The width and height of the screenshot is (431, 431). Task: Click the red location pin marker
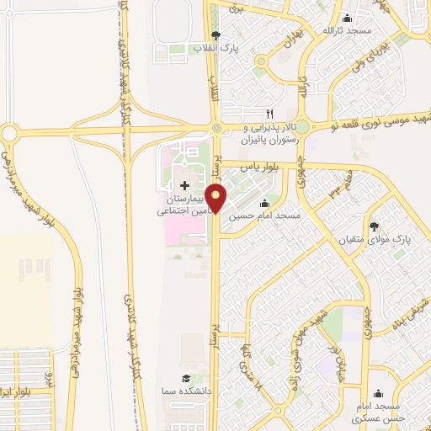point(216,199)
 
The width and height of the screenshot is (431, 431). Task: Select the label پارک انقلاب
point(217,50)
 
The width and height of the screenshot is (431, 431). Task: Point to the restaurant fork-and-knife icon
point(269,113)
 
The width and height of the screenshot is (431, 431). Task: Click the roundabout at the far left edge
point(10,132)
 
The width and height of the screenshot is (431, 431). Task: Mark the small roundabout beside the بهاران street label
point(262,61)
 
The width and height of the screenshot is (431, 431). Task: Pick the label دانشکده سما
point(186,392)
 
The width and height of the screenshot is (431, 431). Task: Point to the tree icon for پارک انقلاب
point(217,35)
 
